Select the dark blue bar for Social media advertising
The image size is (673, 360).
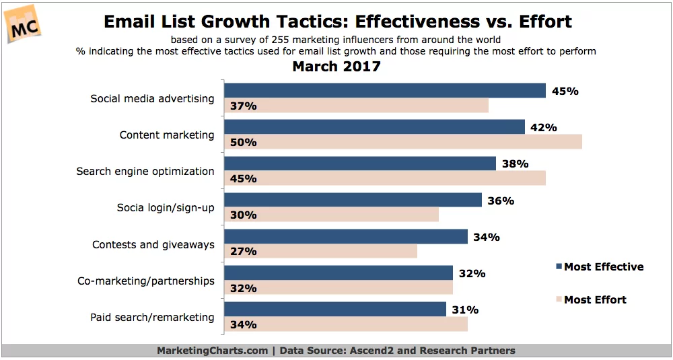(x=384, y=91)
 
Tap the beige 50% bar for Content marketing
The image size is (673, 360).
(x=402, y=142)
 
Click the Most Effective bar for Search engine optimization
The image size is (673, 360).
(x=359, y=164)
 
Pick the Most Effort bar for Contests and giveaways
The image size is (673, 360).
(x=320, y=251)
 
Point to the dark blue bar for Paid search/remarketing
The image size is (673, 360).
(x=334, y=310)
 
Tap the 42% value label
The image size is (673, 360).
(x=542, y=127)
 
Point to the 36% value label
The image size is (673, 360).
(x=500, y=201)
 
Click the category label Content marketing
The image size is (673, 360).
(x=167, y=135)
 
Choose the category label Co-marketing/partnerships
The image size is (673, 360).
(x=146, y=281)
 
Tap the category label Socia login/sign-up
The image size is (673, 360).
(x=166, y=207)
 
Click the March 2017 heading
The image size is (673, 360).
(x=336, y=67)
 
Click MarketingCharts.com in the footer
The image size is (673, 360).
(x=212, y=351)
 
